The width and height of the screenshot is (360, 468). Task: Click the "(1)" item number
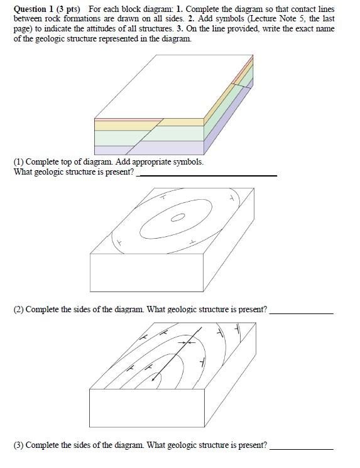pyautogui.click(x=19, y=162)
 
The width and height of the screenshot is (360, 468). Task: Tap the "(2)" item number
pyautogui.click(x=19, y=310)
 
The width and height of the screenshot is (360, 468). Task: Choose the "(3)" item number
pyautogui.click(x=19, y=445)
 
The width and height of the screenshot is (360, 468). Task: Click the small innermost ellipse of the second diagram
pyautogui.click(x=178, y=218)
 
